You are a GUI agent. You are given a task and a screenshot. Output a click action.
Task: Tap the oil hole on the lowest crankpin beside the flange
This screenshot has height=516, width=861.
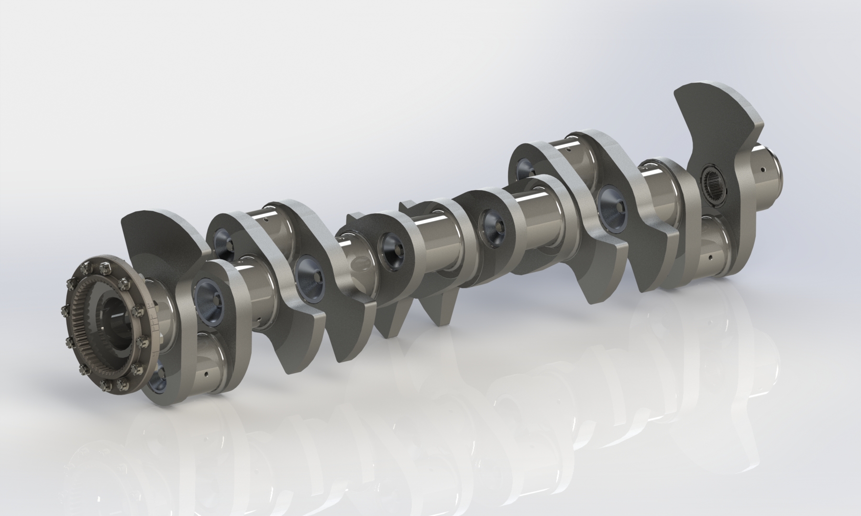point(206,374)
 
